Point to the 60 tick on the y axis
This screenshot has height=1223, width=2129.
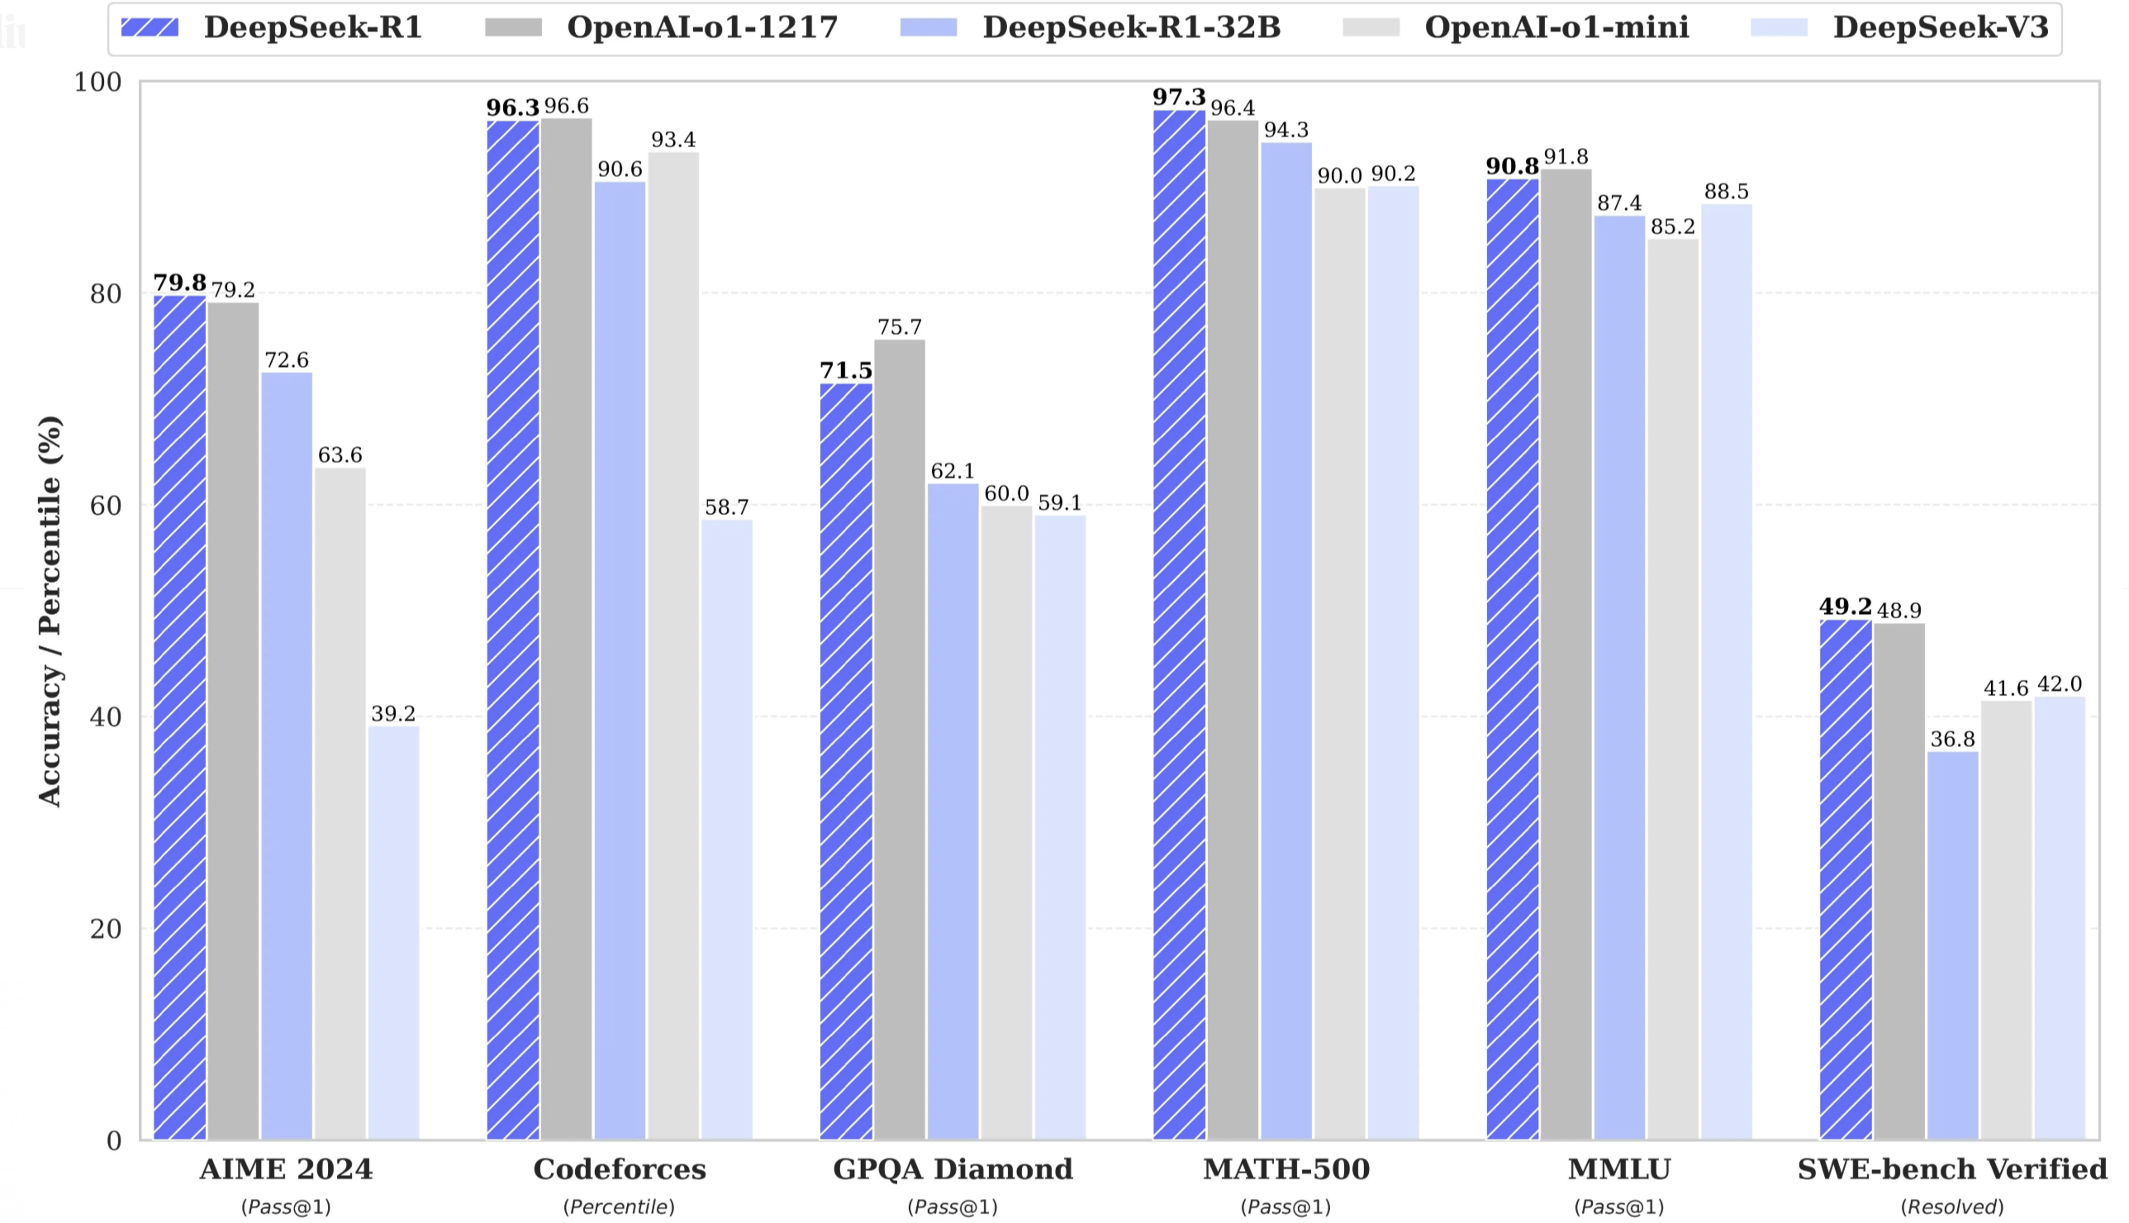coord(105,506)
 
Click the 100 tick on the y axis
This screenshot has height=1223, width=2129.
coord(97,83)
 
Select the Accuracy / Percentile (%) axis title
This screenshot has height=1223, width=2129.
coord(50,611)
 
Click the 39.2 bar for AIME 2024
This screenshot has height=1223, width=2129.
coord(393,932)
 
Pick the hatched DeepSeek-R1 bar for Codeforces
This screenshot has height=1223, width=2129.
coord(513,630)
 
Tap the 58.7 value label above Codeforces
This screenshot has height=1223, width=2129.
coord(726,507)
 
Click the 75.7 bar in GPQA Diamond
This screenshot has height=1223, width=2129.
coord(899,740)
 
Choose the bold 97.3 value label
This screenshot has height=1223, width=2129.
coord(1178,98)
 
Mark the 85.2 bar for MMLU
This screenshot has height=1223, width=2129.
coord(1672,689)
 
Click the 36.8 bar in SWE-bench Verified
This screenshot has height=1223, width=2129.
coord(1952,945)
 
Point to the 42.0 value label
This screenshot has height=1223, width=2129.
coord(2060,683)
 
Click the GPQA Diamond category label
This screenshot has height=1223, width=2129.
coord(952,1168)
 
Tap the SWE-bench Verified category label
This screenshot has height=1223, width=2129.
coord(1952,1168)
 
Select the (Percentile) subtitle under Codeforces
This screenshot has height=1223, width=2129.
coord(620,1207)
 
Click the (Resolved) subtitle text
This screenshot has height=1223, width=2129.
coord(1952,1207)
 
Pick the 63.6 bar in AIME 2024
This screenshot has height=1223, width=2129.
coord(340,803)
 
